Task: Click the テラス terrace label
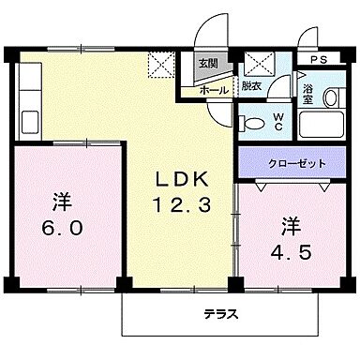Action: click(221, 315)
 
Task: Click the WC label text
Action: click(279, 121)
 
